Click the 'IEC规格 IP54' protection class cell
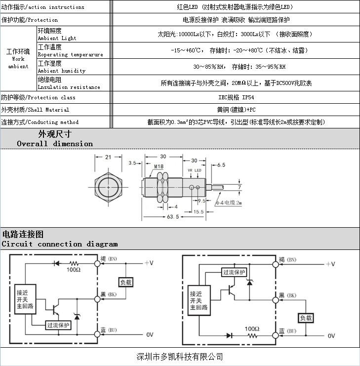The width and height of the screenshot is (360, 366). [x=236, y=98]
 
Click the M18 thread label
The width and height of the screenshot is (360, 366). [x=159, y=166]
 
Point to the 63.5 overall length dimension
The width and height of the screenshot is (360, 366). [x=173, y=217]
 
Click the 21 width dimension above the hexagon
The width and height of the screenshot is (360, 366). [x=108, y=157]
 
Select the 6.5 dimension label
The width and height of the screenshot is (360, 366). [x=221, y=165]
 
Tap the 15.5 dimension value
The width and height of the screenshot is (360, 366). [x=198, y=211]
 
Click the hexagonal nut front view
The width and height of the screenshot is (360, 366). [x=108, y=188]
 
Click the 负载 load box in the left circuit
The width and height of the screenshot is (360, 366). [x=126, y=282]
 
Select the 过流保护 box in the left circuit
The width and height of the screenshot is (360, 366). [x=58, y=325]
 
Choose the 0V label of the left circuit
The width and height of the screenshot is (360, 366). [x=150, y=335]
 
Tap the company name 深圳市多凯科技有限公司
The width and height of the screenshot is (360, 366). [x=180, y=357]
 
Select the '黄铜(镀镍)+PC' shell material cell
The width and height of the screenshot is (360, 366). [x=236, y=110]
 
